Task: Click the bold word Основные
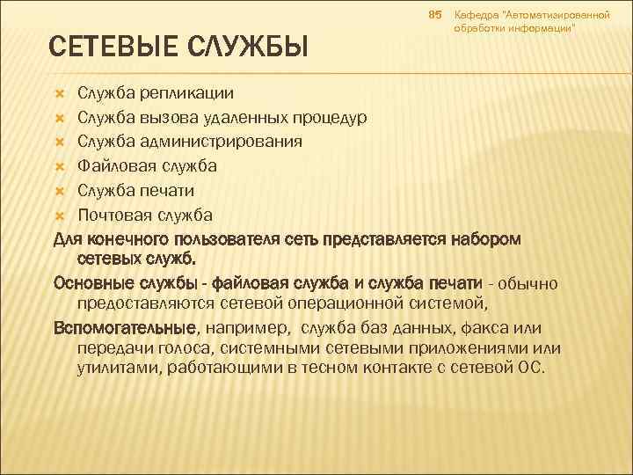(92, 282)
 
